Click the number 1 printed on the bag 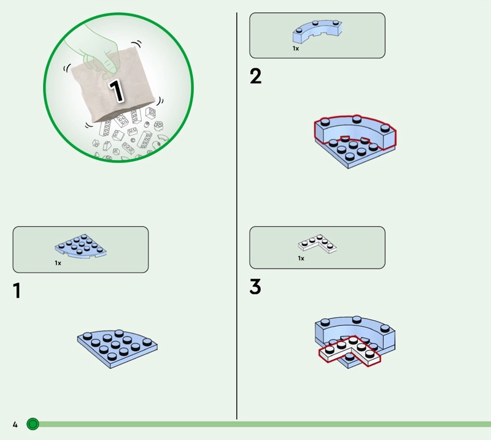[x=116, y=91]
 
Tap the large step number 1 [x=17, y=290]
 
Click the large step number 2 [x=255, y=76]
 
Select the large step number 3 [x=255, y=286]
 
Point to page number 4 [x=15, y=424]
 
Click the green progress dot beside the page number [x=33, y=424]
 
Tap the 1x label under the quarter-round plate [x=58, y=263]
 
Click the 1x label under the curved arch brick [x=296, y=48]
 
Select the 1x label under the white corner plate [x=301, y=259]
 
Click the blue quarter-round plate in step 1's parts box [x=80, y=246]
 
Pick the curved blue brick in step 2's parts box [x=317, y=31]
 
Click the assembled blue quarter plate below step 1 [x=117, y=349]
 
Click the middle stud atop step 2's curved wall [x=357, y=119]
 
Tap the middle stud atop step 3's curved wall [x=357, y=319]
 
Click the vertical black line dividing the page [x=237, y=216]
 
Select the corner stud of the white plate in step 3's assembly [x=353, y=339]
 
